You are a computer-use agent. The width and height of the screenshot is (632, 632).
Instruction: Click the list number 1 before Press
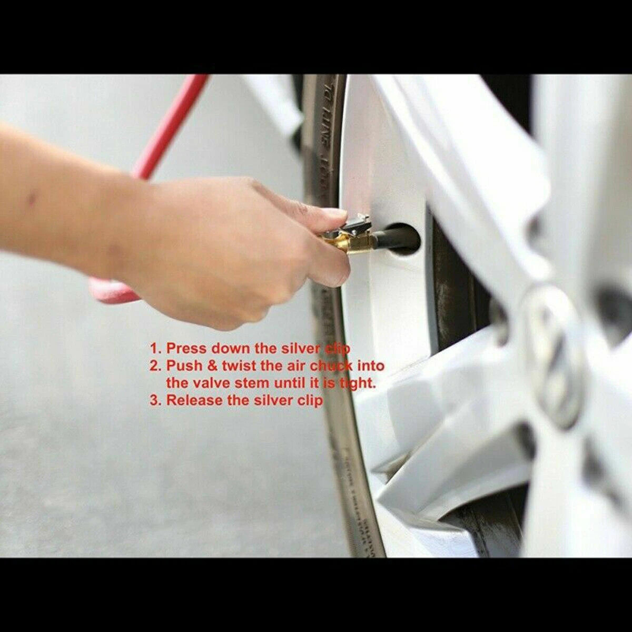pyautogui.click(x=154, y=348)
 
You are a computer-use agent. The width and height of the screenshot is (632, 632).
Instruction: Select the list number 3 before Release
pyautogui.click(x=154, y=400)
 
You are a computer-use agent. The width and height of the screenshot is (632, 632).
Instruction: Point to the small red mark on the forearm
pyautogui.click(x=33, y=199)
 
